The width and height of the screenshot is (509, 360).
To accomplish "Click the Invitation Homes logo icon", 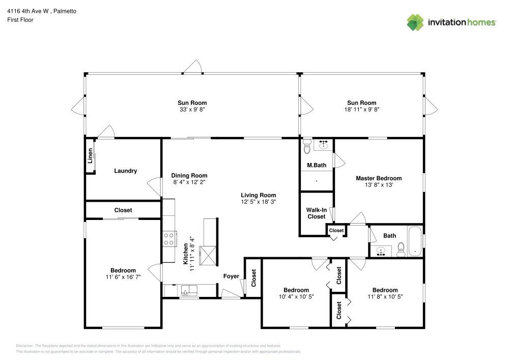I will pos(415,22).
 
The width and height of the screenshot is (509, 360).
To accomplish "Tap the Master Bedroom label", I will pos(378,178).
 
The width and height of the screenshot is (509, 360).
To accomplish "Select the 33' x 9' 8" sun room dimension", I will pos(192,109).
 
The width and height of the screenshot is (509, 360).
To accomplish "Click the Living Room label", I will pos(258,195).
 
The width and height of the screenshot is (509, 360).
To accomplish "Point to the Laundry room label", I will pos(125,171).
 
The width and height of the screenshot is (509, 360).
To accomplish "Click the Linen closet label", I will pos(91,155).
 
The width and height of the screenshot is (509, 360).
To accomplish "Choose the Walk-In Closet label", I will pos(316,213).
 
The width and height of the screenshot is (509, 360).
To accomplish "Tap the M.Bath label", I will pos(316,165).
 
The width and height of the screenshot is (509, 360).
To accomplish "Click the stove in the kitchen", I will pos(168,239).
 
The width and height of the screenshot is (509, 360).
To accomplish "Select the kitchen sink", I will pos(189,291).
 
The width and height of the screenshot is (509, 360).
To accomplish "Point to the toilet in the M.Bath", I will pos(306,148).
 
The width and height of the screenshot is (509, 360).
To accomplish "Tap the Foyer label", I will pos(231,276).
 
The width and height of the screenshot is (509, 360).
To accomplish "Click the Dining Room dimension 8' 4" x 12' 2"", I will pos(188,182).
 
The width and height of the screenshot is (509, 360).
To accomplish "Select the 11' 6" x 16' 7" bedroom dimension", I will pos(123,277).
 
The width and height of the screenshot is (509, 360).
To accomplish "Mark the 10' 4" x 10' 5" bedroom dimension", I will pos(296,297).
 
